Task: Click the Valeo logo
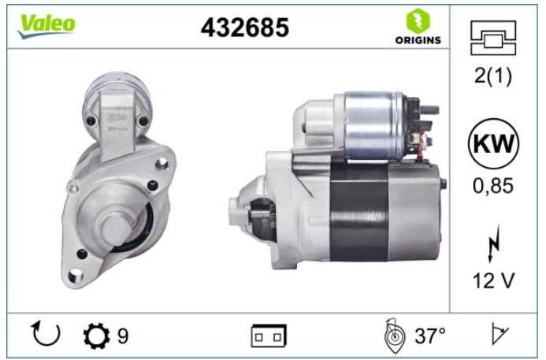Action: tap(46, 27)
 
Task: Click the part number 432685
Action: tap(245, 28)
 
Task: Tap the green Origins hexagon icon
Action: tap(418, 20)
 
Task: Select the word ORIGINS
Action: tap(418, 40)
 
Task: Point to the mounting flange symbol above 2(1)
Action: tap(493, 38)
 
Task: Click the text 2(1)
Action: tap(493, 75)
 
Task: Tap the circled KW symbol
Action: tap(493, 143)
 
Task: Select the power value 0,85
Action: tap(493, 186)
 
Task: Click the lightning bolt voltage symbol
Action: tap(494, 243)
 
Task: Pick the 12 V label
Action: tap(493, 280)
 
